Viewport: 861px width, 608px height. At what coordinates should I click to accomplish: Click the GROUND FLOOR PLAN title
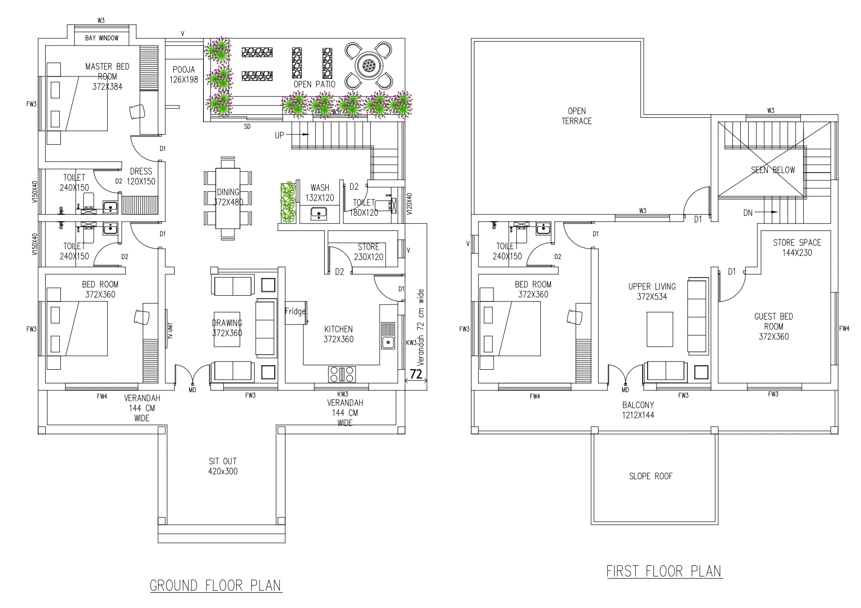(x=216, y=585)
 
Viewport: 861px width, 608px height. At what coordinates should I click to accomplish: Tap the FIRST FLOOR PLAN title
(x=664, y=571)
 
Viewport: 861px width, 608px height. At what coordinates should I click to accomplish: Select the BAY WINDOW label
(x=102, y=38)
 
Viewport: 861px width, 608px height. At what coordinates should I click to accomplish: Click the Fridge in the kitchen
(x=296, y=312)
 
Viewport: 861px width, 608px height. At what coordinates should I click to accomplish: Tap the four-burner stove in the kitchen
(x=341, y=374)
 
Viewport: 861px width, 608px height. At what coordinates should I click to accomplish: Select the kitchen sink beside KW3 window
(x=388, y=335)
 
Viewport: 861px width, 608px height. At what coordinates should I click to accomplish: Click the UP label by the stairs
(x=279, y=135)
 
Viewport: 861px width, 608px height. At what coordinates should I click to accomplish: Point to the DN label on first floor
(x=748, y=213)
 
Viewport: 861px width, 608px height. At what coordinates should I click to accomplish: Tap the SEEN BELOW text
(x=773, y=170)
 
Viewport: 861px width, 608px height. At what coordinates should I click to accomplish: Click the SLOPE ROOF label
(x=651, y=476)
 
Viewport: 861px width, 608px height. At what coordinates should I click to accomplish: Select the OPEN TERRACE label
(x=577, y=116)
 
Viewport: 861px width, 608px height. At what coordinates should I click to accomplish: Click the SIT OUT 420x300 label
(x=223, y=466)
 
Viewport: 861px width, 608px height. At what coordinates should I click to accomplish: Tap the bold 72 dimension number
(x=416, y=374)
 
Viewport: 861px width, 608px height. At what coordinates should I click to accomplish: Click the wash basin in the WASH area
(x=319, y=213)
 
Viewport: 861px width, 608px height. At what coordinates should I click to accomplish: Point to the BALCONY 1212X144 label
(x=638, y=410)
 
